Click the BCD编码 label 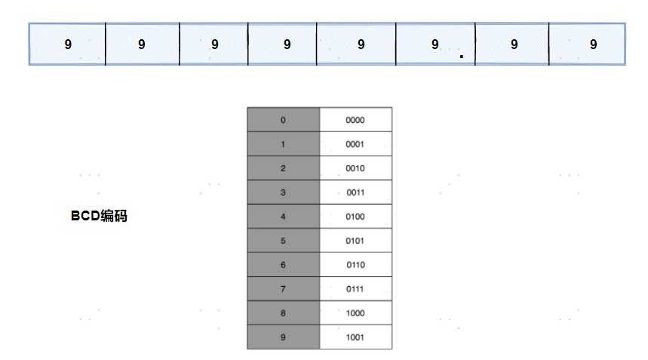99,216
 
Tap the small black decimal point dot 462,56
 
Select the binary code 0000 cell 356,120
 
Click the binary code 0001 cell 356,144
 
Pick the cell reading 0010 356,168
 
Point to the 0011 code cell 356,192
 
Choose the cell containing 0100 356,216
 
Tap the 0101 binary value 356,241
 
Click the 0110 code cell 356,264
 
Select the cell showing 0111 356,289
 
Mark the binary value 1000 356,313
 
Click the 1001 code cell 356,337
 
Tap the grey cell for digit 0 284,120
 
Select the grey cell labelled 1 284,144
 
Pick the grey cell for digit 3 284,192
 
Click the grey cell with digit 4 284,216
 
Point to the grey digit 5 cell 284,241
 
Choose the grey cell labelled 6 284,264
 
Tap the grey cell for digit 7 284,289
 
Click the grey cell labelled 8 284,313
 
